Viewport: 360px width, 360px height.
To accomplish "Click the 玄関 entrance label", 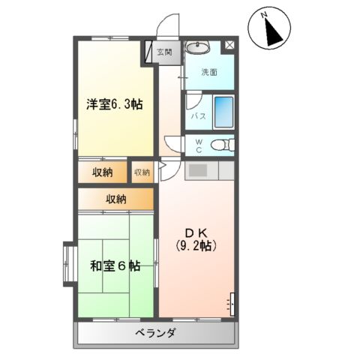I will pos(165,52).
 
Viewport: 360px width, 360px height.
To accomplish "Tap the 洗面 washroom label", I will pos(209,73).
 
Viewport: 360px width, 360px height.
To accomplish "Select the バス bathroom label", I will pos(198,116).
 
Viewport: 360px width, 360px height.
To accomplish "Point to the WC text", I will pos(199,145).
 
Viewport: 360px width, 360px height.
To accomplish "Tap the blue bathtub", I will pos(223,112).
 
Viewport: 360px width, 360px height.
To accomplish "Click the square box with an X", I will pos(229,46).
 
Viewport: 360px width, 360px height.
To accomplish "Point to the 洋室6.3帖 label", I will pos(113,105).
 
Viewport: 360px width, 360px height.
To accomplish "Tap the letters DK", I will pos(196,231).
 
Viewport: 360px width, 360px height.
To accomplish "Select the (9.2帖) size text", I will pos(196,245).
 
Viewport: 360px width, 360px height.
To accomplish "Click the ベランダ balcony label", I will pos(156,333).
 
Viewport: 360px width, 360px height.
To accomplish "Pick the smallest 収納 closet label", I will pos(142,172).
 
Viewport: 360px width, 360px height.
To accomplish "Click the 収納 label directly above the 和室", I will pos(115,199).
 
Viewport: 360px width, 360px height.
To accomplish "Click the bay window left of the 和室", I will pos(66,263).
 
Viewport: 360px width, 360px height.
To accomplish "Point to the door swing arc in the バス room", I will pos(192,100).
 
